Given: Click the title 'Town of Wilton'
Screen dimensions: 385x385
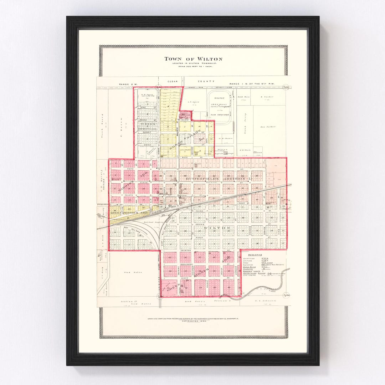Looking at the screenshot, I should [193, 59].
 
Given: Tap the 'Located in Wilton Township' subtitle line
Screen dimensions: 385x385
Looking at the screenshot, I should [193, 63].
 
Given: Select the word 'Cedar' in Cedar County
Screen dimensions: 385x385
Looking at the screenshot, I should [173, 81].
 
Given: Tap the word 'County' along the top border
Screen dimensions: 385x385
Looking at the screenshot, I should [209, 81].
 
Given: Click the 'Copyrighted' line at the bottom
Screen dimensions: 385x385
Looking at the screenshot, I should [193, 321].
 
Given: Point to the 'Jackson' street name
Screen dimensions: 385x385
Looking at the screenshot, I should [186, 251].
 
